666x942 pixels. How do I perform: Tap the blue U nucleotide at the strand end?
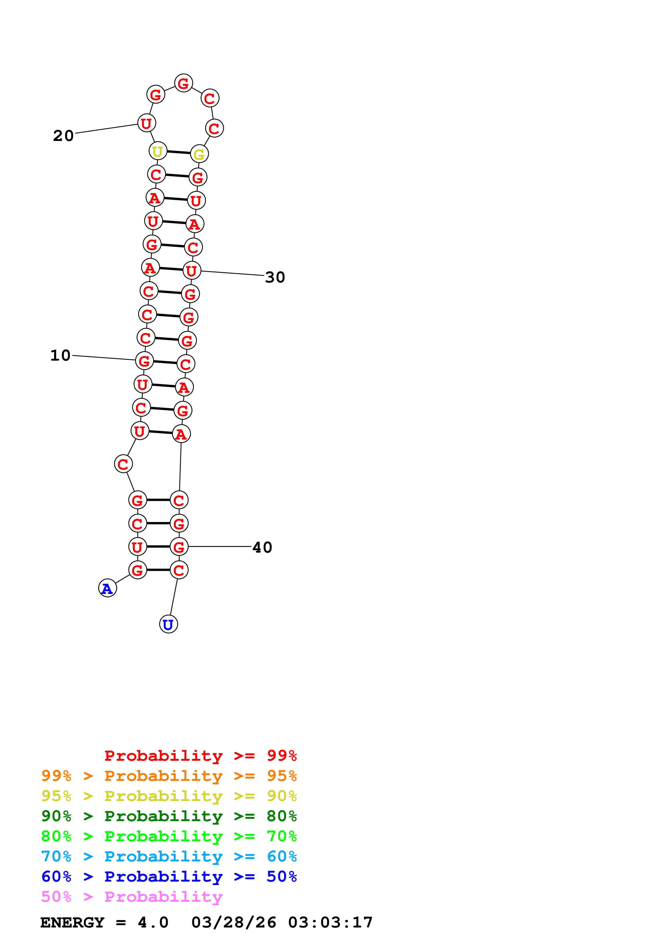(168, 624)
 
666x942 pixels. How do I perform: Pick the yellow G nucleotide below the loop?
(199, 154)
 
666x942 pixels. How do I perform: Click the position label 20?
(63, 136)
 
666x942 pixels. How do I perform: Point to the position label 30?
(275, 277)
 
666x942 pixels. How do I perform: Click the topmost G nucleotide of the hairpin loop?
(183, 83)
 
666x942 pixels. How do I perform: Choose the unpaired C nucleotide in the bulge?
(123, 464)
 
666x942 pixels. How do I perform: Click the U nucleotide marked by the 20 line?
(146, 123)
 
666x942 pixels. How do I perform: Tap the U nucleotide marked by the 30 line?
(192, 271)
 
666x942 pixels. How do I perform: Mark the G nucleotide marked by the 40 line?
(179, 546)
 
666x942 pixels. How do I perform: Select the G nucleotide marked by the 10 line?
(145, 361)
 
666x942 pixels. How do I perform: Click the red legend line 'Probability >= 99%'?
(200, 755)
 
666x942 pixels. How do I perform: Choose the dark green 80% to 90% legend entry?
(169, 816)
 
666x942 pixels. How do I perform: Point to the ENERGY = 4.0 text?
(104, 922)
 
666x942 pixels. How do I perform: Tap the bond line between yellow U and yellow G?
(178, 152)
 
